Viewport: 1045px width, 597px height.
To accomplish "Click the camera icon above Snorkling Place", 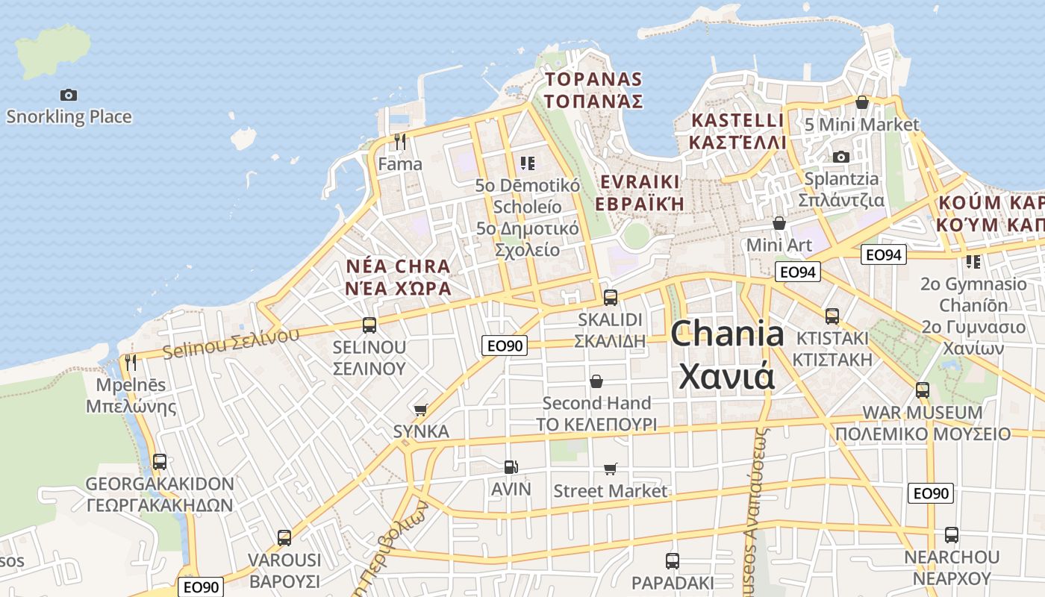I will pos(69,95).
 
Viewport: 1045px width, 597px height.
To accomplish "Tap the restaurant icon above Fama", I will pos(400,142).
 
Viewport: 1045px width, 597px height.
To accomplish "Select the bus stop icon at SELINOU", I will pos(369,325).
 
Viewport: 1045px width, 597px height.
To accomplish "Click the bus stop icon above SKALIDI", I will pos(611,298).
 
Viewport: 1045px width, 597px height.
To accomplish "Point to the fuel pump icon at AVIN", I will pos(511,467).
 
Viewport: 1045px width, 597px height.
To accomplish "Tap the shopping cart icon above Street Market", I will pos(611,469).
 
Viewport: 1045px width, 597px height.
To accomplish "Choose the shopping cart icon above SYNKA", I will pos(421,410).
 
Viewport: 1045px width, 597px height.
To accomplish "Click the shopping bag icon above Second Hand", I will pos(596,381).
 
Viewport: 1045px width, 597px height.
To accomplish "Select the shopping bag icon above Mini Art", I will pos(779,223).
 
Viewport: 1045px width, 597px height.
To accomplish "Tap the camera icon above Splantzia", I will pos(841,157).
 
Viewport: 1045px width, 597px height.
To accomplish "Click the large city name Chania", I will pos(727,334).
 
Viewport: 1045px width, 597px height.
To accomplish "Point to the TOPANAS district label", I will pos(593,79).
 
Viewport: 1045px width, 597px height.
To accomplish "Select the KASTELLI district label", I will pos(737,120).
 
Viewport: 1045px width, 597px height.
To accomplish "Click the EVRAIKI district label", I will pos(640,182).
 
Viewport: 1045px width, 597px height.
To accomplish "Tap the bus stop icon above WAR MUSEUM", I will pos(923,390).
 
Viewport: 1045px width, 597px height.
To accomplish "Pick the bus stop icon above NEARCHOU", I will pos(952,535).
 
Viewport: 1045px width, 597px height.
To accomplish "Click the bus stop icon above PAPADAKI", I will pos(673,560).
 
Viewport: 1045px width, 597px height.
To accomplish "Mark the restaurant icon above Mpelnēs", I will pos(131,363).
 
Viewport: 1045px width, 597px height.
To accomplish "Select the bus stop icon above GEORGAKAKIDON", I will pos(160,462).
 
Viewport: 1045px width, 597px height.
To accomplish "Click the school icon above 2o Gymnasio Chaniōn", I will pos(973,262).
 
